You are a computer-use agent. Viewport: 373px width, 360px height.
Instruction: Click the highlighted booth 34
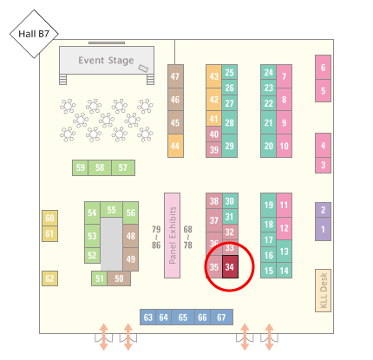click(230, 266)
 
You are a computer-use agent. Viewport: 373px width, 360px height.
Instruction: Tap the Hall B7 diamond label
click(34, 34)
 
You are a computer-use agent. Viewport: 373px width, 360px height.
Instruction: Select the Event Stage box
click(107, 60)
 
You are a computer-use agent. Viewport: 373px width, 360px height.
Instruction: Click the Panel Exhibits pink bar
click(173, 235)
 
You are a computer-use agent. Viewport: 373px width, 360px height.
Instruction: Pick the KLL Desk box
click(323, 291)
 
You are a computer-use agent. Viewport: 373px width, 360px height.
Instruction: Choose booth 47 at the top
click(175, 76)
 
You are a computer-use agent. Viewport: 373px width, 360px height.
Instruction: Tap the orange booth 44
click(175, 146)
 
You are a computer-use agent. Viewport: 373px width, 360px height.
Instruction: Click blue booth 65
click(183, 317)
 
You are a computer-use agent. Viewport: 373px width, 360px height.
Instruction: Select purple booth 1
click(323, 229)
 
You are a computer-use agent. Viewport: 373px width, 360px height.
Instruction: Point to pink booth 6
click(323, 68)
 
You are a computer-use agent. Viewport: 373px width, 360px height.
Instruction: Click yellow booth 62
click(49, 278)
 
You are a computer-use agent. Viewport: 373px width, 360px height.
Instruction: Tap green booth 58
click(100, 167)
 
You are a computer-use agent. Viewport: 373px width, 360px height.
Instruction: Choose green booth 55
click(111, 210)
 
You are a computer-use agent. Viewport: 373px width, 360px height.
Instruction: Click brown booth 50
click(119, 278)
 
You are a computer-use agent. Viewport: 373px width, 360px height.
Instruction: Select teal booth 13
click(284, 252)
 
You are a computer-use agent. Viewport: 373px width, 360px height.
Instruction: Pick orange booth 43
click(214, 76)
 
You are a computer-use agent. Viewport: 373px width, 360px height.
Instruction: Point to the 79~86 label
click(156, 237)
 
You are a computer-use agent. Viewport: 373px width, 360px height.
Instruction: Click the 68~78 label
click(188, 237)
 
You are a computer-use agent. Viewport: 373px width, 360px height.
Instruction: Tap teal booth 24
click(269, 72)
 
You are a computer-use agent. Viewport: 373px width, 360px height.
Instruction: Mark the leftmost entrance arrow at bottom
click(104, 337)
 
